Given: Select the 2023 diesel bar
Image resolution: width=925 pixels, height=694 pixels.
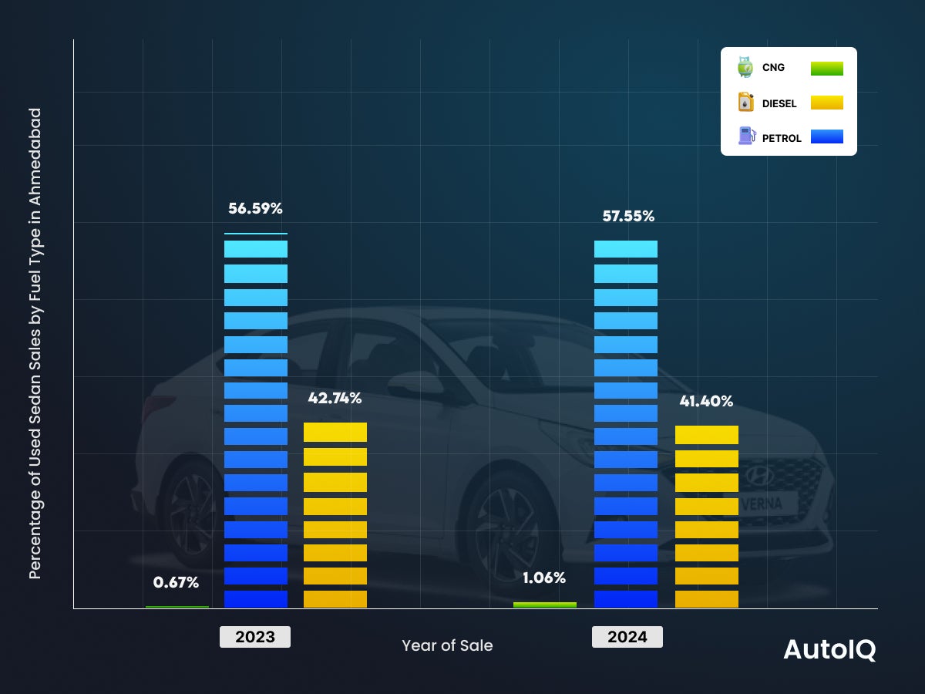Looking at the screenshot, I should coord(335,515).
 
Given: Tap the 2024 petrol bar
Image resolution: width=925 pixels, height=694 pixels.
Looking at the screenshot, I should coord(626,424).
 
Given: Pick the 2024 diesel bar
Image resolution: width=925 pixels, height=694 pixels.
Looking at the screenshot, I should coord(707,517).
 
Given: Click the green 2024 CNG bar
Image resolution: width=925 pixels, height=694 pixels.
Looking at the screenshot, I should coord(545,605).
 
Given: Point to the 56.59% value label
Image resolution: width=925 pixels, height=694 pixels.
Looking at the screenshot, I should coord(256,208).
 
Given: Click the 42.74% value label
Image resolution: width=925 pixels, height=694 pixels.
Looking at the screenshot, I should coord(335,398).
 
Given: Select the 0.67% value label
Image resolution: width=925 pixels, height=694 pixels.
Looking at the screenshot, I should coord(177,582).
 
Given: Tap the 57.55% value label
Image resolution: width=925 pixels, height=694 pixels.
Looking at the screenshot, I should coord(628,217).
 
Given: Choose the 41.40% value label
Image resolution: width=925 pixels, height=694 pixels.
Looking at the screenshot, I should coord(706,401).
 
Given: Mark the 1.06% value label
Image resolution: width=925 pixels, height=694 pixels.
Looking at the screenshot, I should coord(543,578).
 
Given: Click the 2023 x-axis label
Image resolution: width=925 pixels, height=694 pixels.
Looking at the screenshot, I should coord(255,637).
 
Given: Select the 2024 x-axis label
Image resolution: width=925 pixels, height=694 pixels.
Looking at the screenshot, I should coord(627,637).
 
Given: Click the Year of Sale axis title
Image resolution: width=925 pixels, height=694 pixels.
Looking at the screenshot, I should coord(447,645).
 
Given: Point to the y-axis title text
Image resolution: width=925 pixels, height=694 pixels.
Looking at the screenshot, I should coord(35,343).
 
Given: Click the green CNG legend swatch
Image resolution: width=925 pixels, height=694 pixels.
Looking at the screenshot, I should coord(826,68).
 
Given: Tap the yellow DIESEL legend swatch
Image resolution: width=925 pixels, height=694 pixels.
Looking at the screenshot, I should coord(826,103).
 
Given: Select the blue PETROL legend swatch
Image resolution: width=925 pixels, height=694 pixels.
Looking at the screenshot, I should coord(826,136).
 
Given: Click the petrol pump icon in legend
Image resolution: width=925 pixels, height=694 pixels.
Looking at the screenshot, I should coord(745,136).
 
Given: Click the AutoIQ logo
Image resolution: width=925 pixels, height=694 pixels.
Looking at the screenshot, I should coord(829,649).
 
